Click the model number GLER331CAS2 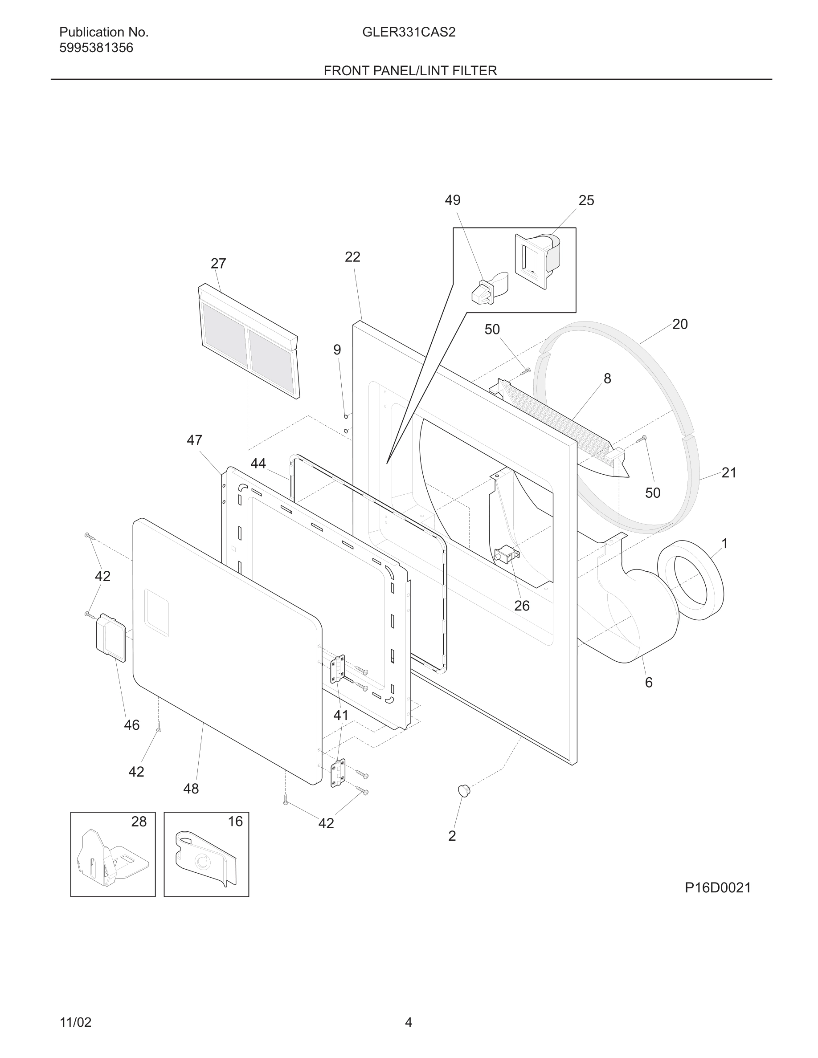pyautogui.click(x=409, y=33)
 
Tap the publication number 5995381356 pyautogui.click(x=96, y=48)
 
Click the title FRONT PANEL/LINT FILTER pyautogui.click(x=410, y=71)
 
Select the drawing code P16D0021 pyautogui.click(x=718, y=887)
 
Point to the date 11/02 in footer pyautogui.click(x=75, y=1022)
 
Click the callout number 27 pyautogui.click(x=218, y=264)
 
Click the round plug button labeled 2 pyautogui.click(x=464, y=790)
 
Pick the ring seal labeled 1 pyautogui.click(x=691, y=580)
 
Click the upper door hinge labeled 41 pyautogui.click(x=338, y=668)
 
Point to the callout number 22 pyautogui.click(x=352, y=257)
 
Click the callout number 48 pyautogui.click(x=191, y=789)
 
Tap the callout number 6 pyautogui.click(x=648, y=683)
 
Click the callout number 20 pyautogui.click(x=679, y=324)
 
